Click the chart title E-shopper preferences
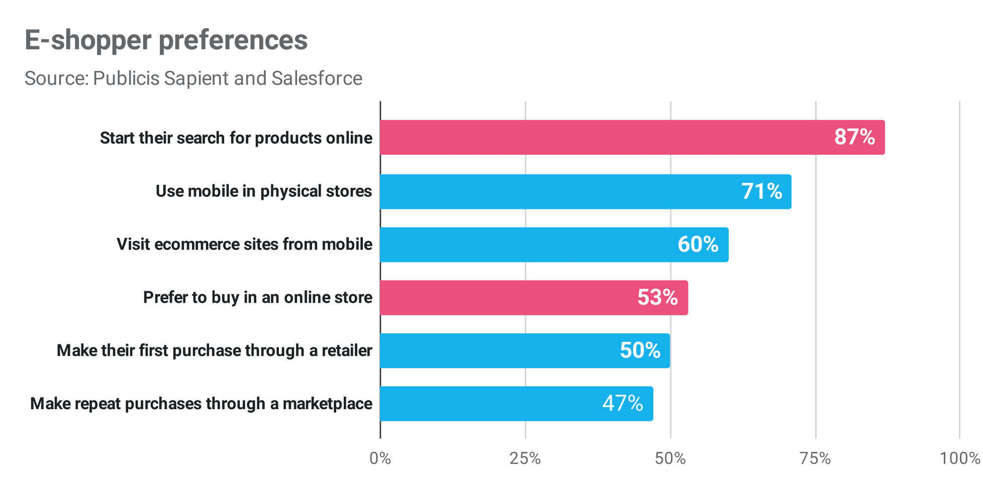coord(166,40)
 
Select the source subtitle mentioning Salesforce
coord(193,78)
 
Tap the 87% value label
coord(854,137)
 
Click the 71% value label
coord(761,191)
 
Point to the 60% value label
coord(698,245)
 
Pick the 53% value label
coord(657,297)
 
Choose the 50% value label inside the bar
coord(640,350)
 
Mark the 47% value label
coord(623,403)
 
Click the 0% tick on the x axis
coord(380,458)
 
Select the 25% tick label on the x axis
coord(525,458)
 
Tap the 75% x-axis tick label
coord(815,458)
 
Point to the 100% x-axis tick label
coord(959,458)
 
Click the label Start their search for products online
coord(236,138)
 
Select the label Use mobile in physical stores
coord(264,191)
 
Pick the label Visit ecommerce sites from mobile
coord(244,245)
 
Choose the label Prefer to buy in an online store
coord(258,297)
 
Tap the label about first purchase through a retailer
coord(215,350)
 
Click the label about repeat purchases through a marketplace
coord(201,404)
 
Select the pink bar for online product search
coord(603,137)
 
